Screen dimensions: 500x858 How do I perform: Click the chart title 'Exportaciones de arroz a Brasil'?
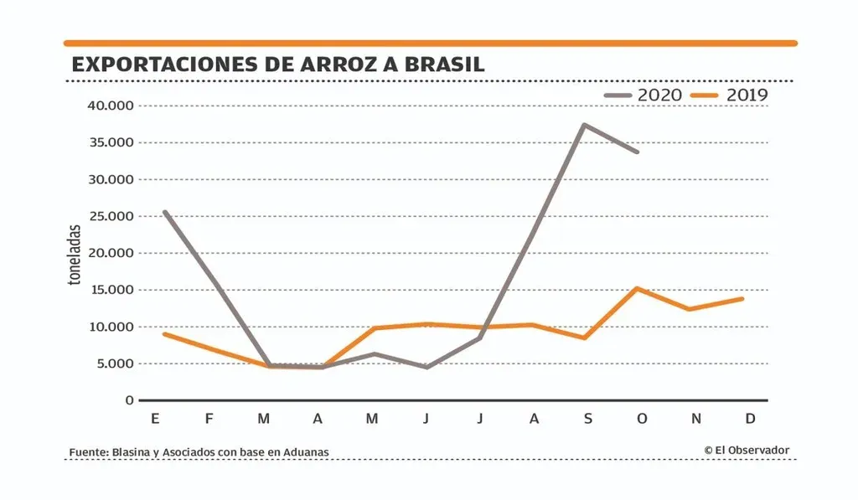(278, 64)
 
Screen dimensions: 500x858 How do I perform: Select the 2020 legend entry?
(643, 95)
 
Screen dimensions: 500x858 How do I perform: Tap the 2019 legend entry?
(729, 95)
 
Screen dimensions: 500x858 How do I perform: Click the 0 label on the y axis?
(130, 400)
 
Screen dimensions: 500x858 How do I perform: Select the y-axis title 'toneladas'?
(75, 255)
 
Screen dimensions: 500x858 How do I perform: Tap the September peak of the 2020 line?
(584, 125)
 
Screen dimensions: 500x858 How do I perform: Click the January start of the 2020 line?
(164, 212)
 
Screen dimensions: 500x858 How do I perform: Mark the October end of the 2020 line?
(638, 152)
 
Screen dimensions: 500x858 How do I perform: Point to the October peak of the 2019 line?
(638, 288)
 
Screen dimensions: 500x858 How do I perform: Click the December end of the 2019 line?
(742, 299)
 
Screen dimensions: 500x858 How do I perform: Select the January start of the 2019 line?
(164, 334)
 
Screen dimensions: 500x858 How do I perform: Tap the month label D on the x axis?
(750, 418)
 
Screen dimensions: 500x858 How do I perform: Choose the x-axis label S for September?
(588, 418)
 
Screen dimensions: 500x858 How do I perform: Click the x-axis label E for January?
(155, 418)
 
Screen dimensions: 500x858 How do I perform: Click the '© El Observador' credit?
(747, 450)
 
